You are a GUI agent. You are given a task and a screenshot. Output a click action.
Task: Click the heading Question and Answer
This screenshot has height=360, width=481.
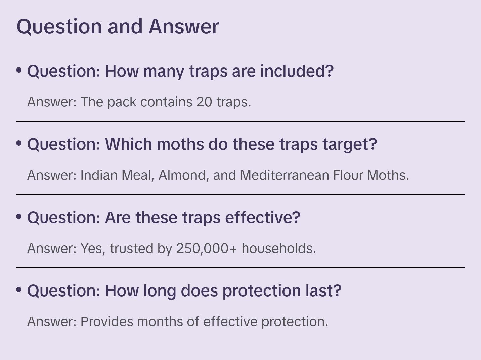click(118, 26)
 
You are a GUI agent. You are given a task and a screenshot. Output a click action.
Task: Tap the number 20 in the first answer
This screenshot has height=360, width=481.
click(204, 102)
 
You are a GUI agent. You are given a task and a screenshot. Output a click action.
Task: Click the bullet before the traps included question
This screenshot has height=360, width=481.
click(19, 70)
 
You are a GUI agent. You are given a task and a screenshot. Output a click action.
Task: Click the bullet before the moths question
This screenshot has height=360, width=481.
click(19, 143)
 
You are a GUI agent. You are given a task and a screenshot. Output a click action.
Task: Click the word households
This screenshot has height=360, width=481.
click(279, 249)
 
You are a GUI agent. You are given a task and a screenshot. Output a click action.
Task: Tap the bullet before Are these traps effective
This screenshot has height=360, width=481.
click(19, 217)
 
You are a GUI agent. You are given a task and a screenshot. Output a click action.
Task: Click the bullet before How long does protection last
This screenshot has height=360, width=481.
click(19, 290)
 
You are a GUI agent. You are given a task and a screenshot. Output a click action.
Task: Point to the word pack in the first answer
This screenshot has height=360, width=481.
click(122, 102)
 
